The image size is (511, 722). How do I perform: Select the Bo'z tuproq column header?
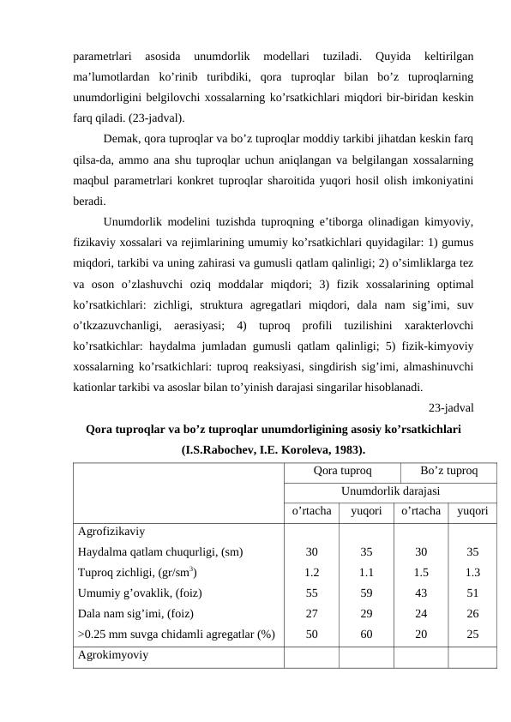(x=450, y=471)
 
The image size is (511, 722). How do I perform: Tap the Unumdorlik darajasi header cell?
(x=391, y=491)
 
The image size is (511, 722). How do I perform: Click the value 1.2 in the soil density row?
(x=312, y=572)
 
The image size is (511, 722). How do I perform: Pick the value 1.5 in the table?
(x=421, y=572)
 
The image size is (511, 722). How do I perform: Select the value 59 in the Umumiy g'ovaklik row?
(x=366, y=593)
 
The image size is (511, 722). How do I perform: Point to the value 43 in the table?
(x=421, y=593)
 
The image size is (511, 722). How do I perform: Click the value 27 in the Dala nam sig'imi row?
(x=312, y=613)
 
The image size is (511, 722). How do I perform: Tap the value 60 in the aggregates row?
(x=366, y=634)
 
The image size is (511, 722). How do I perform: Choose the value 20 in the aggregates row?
(x=421, y=634)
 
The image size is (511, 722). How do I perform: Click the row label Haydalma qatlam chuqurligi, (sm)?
(x=160, y=551)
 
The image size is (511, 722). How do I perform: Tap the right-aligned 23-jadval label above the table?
(x=452, y=408)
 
